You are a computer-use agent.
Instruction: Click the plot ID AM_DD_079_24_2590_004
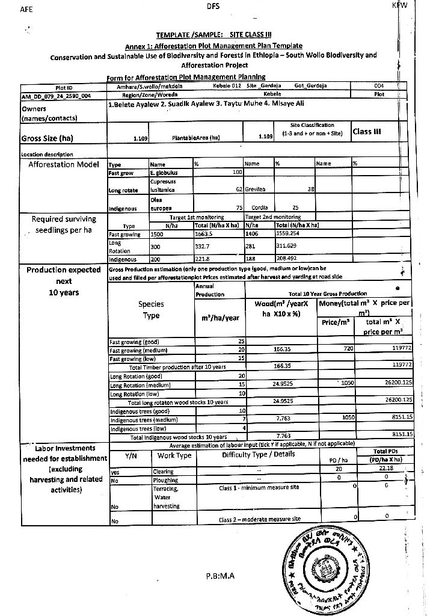coord(56,95)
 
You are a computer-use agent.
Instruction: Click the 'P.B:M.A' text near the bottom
coord(220,576)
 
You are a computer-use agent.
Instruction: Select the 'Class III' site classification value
coord(367,131)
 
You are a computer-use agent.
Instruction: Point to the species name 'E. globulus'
coord(162,173)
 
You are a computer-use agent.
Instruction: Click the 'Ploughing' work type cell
coord(166,480)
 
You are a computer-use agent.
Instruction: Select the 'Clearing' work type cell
coord(164,472)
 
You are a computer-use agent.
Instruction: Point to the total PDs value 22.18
coord(388,469)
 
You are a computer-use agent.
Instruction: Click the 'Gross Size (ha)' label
coord(47,138)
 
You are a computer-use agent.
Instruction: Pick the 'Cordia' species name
coord(259,206)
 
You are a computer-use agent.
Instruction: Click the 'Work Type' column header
coord(174,456)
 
